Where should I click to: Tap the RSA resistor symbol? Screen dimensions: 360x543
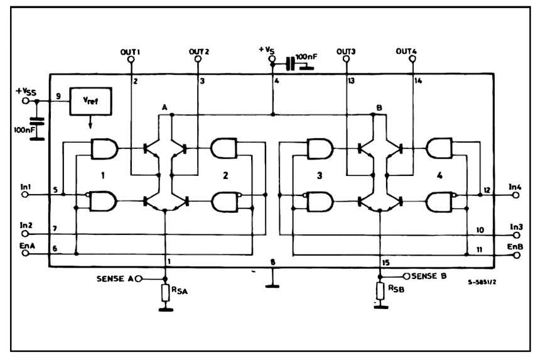(x=166, y=293)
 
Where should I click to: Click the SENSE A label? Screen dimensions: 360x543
(x=115, y=278)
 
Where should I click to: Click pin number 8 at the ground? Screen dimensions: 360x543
(x=272, y=261)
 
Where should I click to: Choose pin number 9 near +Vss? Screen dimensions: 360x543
(x=57, y=96)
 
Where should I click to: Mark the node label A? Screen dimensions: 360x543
(x=164, y=108)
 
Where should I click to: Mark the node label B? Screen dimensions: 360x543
(x=379, y=108)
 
